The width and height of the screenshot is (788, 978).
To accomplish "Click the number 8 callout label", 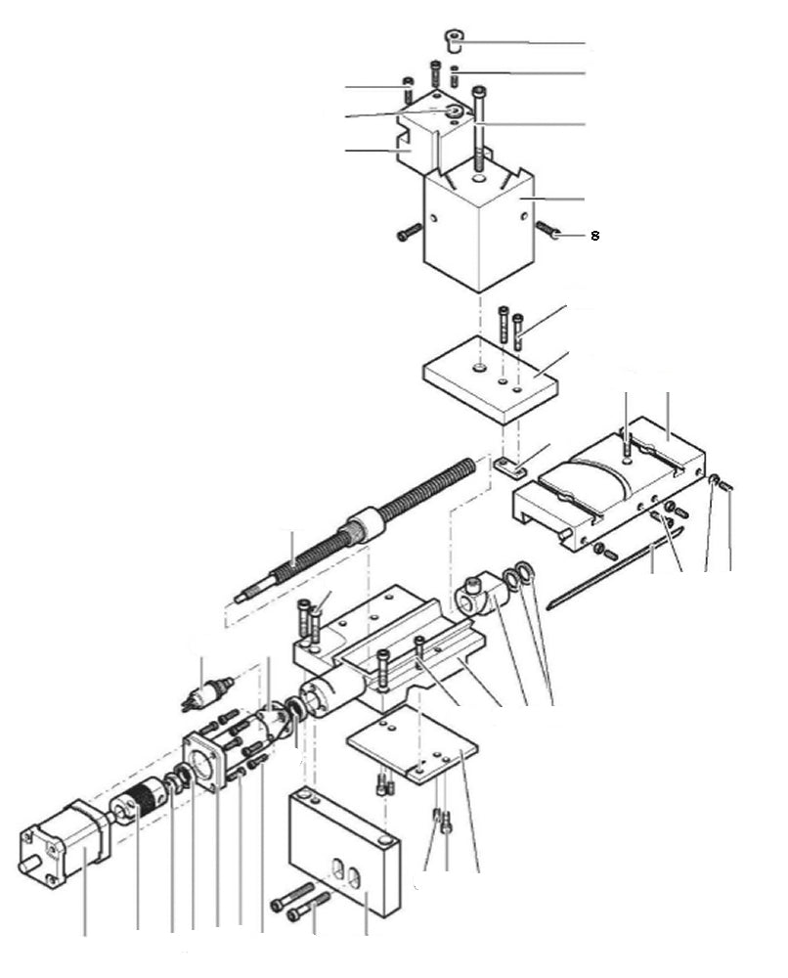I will point(594,236).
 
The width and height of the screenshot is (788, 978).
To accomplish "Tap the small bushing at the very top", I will point(453,40).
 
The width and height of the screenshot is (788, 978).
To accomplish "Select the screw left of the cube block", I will point(409,233).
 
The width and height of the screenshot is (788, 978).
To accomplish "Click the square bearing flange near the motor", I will point(209,759).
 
